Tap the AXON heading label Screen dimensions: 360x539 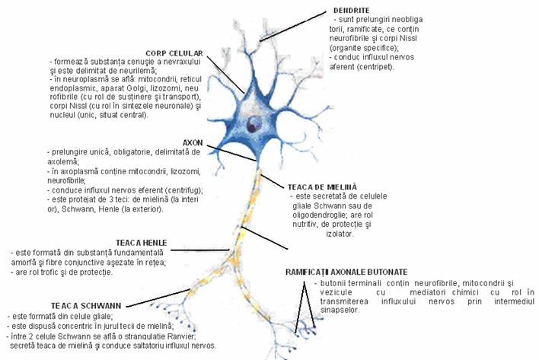pos(193,142)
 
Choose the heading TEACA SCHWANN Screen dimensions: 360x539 pos(37,305)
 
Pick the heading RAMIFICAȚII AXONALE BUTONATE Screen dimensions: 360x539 pos(346,272)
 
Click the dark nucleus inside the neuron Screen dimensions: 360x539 pos(253,123)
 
